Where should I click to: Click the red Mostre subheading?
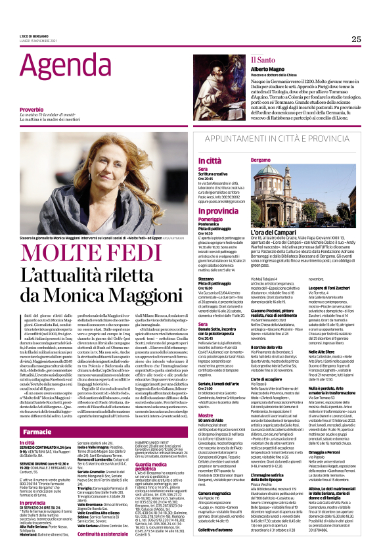click(206, 379)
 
